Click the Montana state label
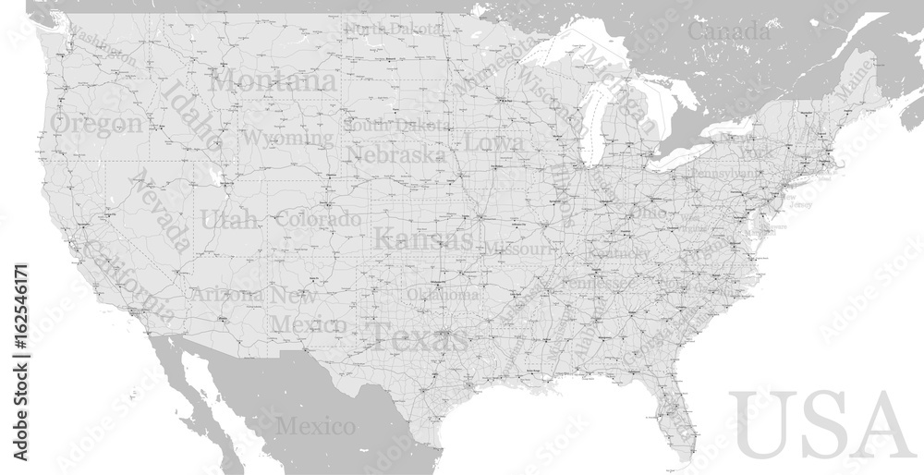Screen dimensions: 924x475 274,80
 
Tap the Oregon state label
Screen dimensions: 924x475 97,123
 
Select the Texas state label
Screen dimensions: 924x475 419,338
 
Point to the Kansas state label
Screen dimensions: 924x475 423,239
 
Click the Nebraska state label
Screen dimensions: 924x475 396,153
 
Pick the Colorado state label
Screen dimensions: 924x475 319,220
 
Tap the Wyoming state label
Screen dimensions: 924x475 287,139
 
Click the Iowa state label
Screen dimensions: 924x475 493,142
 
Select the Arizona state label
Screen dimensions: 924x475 226,295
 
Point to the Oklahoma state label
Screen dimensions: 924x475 444,295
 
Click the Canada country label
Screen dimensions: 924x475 729,31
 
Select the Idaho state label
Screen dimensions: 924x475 191,115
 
